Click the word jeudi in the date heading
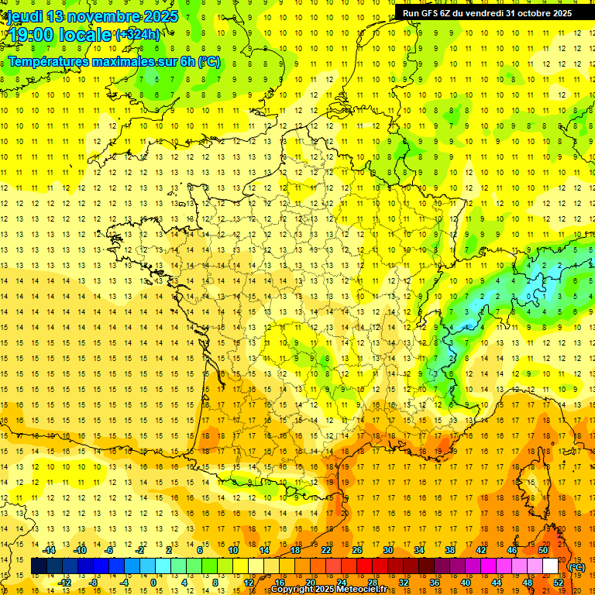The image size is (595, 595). (x=24, y=16)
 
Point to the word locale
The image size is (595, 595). (x=84, y=35)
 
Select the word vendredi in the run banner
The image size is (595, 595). (x=483, y=13)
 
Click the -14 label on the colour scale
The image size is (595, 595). (x=48, y=550)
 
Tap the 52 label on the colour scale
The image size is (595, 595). (x=559, y=583)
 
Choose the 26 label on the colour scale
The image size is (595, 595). (x=357, y=550)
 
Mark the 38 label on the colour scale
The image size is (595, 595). (x=450, y=550)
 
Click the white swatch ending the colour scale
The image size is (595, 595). (x=551, y=566)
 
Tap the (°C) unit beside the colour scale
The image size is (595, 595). (x=576, y=567)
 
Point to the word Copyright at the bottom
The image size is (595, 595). (x=294, y=590)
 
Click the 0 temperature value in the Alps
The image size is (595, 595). (x=529, y=296)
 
